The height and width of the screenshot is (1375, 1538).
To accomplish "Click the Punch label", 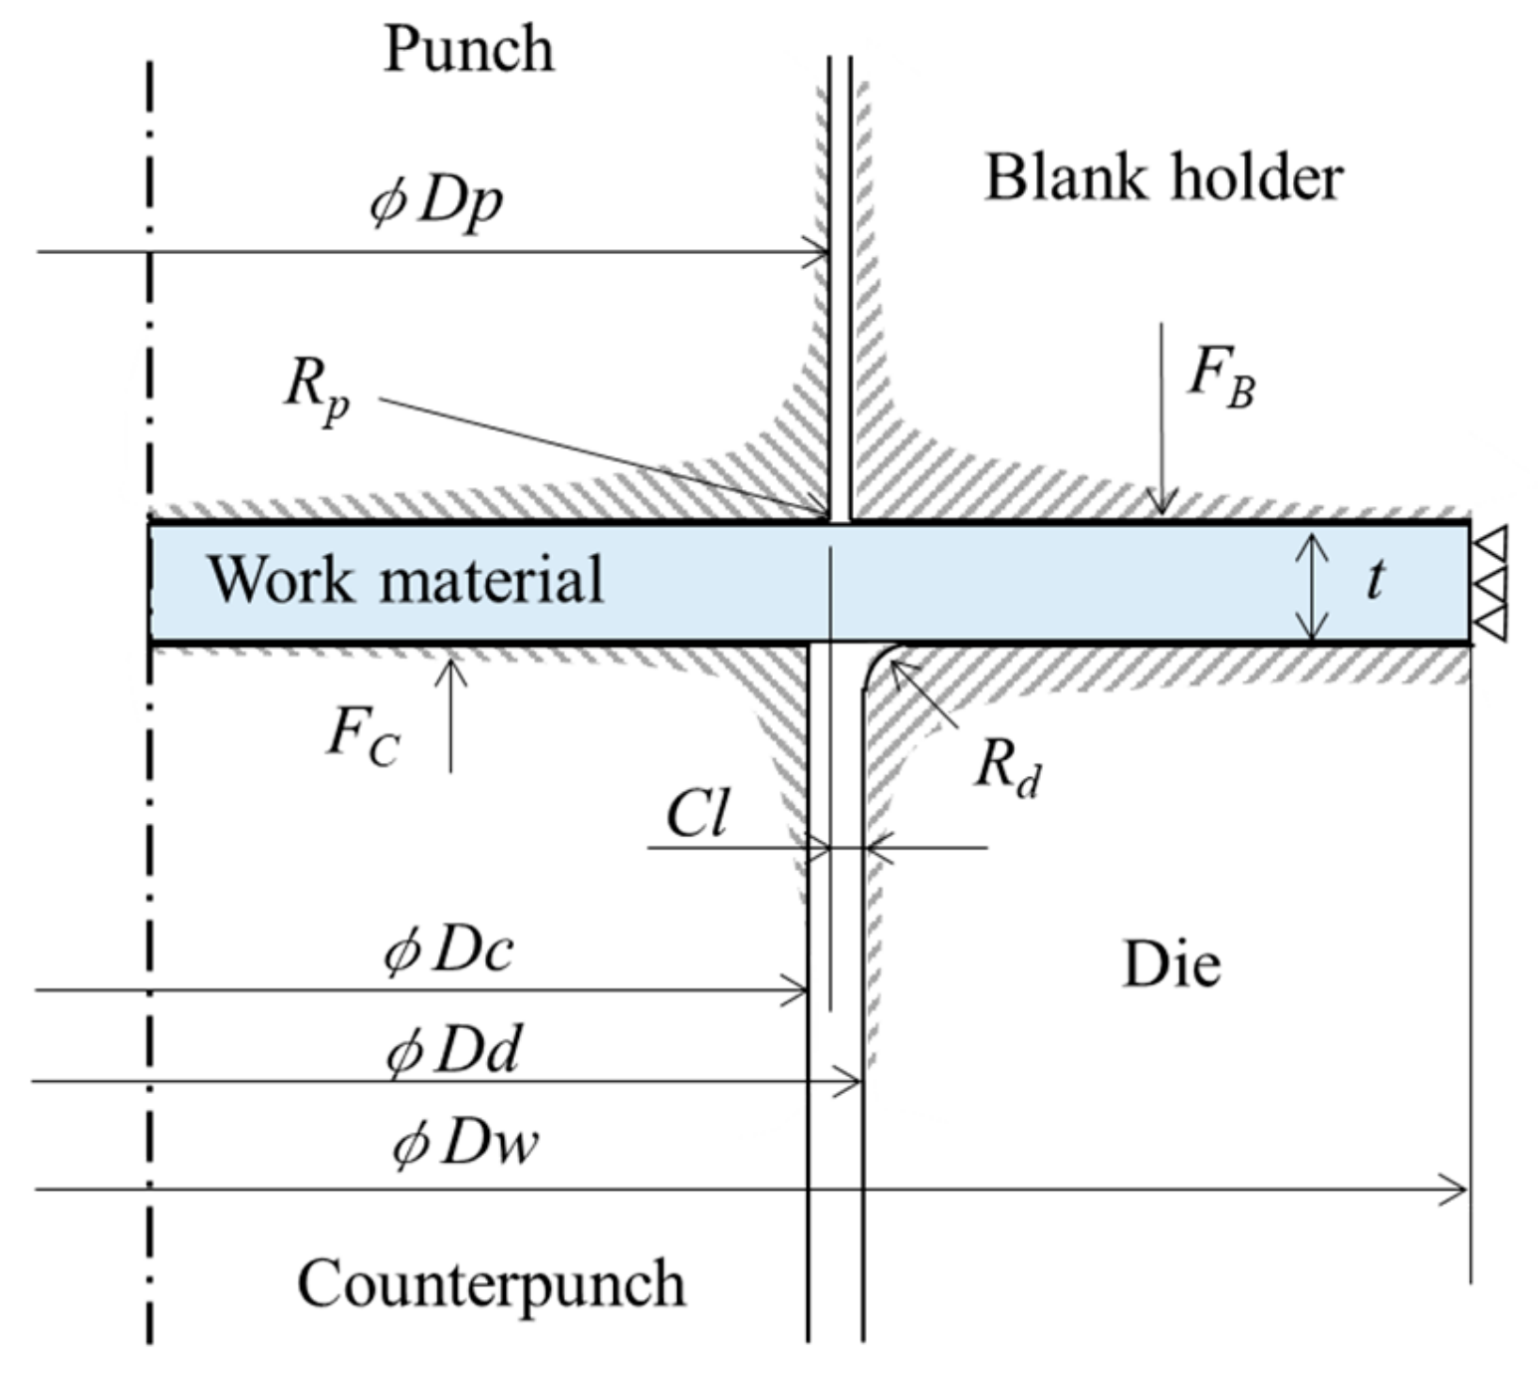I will [x=468, y=49].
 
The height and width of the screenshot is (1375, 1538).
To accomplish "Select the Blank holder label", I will [x=1163, y=178].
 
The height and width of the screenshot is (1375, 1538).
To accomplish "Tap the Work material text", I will [x=405, y=579].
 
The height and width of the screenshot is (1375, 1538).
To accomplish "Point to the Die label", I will [x=1170, y=964].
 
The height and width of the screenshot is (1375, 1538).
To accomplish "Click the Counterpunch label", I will [x=491, y=1283].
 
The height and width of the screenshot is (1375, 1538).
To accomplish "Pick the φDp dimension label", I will [x=436, y=202].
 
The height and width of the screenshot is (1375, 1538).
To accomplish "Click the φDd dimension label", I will [x=453, y=1051].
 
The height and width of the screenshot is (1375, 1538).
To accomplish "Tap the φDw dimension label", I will [x=465, y=1144].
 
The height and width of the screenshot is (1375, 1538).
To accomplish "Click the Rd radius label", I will [x=1008, y=769].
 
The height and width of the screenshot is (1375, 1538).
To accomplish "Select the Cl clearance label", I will [x=697, y=815].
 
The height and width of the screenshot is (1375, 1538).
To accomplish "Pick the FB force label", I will [x=1221, y=379].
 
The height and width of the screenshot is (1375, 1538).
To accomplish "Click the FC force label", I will [x=364, y=737].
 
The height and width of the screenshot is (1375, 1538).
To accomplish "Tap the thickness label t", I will [x=1376, y=578].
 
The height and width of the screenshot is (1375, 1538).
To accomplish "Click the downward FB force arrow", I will [x=1162, y=418].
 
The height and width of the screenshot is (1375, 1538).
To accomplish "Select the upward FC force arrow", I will [x=451, y=712].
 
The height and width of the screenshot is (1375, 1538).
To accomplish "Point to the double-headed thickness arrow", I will [x=1314, y=586].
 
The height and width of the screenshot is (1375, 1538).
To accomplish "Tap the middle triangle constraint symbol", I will [x=1490, y=583].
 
